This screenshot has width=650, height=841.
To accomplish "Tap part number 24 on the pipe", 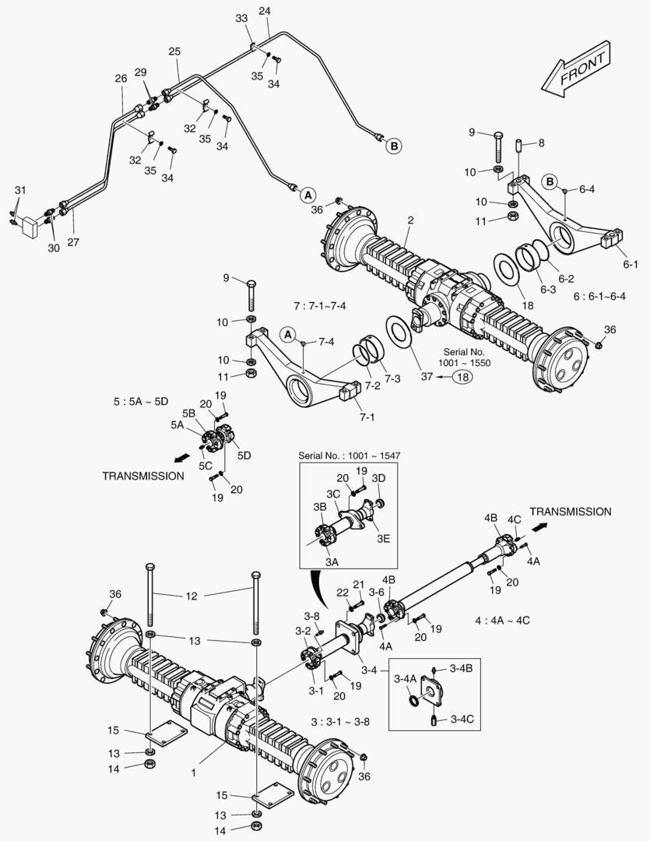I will tap(264, 11).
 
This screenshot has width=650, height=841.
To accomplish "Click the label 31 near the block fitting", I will tap(20, 191).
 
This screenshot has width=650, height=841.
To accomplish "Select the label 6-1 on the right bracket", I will tap(630, 264).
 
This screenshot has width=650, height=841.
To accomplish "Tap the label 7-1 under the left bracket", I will tap(367, 417).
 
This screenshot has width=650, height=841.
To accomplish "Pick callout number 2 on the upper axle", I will tap(409, 220).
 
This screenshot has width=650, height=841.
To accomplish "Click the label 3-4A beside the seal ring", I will tap(404, 679).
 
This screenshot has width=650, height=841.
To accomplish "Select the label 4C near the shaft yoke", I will tap(514, 519).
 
